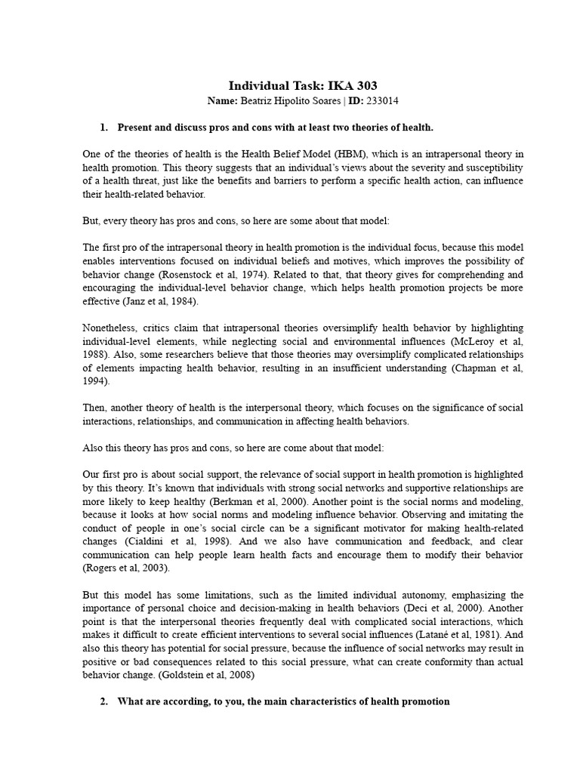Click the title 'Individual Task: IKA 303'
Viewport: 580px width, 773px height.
click(x=303, y=85)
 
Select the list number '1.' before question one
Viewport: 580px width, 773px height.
click(x=106, y=127)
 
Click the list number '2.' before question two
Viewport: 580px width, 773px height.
click(x=106, y=701)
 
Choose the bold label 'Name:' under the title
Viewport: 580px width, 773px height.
click(x=222, y=100)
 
